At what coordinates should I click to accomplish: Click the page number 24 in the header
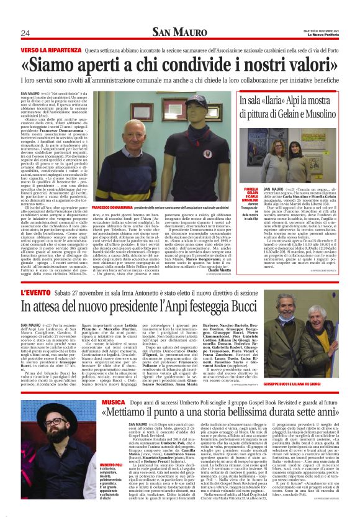click(25, 33)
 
